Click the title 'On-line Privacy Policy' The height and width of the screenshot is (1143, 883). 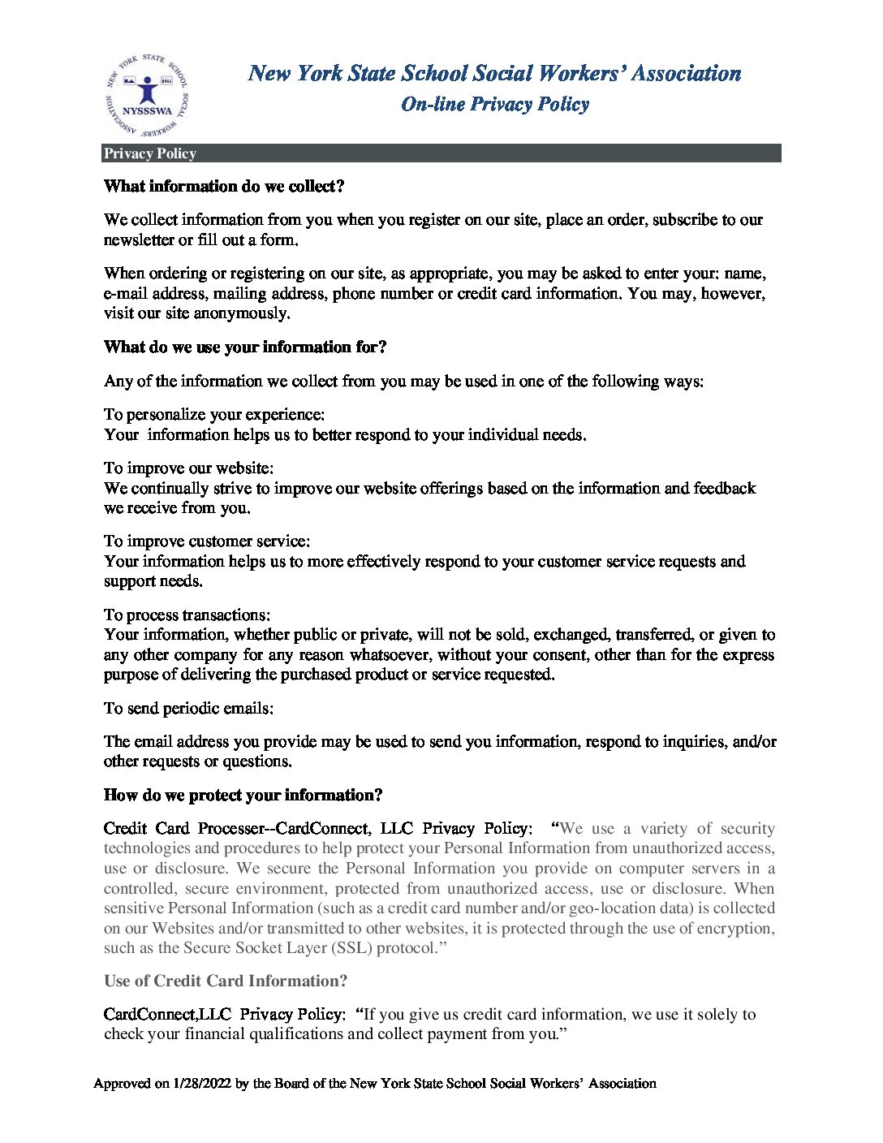[495, 104]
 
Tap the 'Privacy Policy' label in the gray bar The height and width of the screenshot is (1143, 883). [150, 153]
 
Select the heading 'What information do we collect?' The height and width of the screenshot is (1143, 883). [224, 187]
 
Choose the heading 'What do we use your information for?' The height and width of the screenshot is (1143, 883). [245, 347]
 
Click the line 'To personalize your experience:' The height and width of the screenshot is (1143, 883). [214, 415]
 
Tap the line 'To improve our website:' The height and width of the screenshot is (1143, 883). [188, 468]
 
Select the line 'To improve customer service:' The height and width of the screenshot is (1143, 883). [207, 541]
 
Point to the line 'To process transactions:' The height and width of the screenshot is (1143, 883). [187, 615]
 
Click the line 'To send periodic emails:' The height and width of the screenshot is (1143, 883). [188, 709]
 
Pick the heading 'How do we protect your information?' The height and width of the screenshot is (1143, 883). [243, 796]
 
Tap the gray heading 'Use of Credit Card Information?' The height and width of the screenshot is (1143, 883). [226, 981]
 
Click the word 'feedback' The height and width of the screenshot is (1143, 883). [724, 489]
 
